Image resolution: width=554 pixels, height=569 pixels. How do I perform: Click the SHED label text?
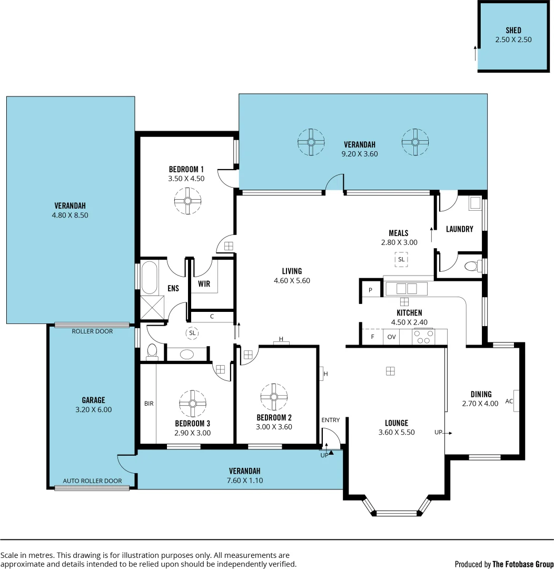point(513,31)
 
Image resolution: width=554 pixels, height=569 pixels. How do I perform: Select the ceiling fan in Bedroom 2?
point(273,397)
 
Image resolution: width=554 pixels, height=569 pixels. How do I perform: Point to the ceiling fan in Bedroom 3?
point(193,403)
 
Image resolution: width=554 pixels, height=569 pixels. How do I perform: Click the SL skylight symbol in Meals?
point(401,259)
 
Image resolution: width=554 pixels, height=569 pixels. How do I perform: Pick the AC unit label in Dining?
point(509,401)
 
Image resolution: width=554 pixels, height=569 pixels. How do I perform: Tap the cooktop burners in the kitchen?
point(424,336)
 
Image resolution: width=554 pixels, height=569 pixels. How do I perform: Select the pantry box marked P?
point(370,290)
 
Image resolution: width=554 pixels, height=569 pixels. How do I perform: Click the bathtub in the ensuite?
point(149,277)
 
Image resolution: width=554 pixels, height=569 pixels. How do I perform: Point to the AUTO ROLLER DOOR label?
point(92,480)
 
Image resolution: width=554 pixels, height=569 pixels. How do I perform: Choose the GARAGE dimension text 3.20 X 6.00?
point(93,409)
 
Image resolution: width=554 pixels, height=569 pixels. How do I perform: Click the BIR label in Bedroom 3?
point(149,404)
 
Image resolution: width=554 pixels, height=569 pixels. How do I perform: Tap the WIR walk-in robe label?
point(204,284)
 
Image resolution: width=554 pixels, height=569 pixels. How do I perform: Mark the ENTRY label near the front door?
point(330,420)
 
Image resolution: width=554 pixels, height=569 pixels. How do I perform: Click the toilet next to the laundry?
point(472,266)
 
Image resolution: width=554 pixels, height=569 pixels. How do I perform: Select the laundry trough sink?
point(474,203)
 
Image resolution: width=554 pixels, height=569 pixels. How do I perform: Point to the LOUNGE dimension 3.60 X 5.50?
point(397,433)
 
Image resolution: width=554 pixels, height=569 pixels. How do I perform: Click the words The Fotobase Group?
point(522,564)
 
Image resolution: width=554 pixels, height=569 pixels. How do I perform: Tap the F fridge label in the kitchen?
point(373,337)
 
